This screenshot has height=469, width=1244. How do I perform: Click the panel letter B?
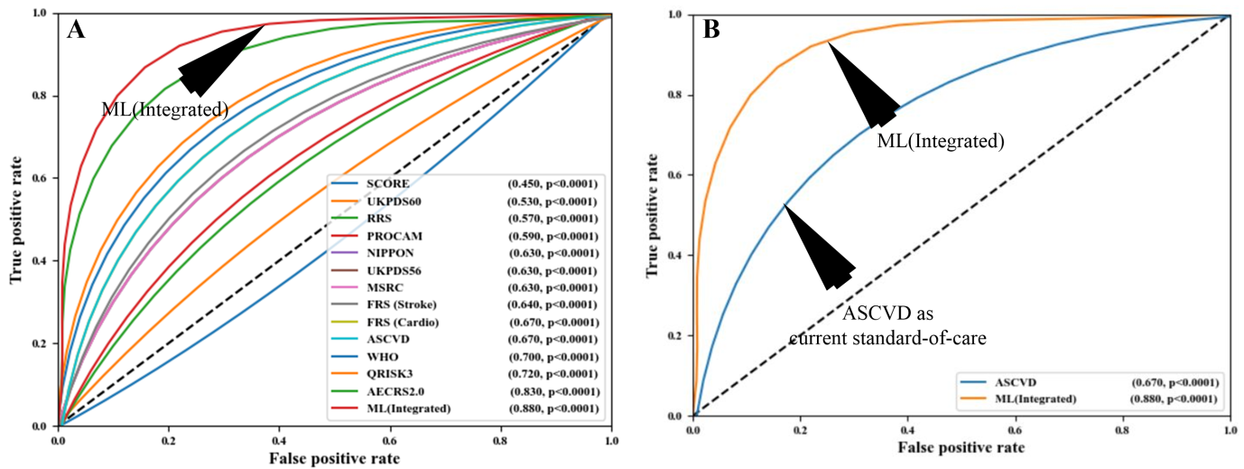710,31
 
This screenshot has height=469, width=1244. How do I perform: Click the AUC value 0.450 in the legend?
522,184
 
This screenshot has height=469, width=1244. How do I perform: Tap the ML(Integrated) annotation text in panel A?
164,109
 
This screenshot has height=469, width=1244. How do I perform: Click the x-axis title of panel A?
335,459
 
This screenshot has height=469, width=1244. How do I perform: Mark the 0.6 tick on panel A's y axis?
43,179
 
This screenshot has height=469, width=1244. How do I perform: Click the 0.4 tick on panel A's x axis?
280,441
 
